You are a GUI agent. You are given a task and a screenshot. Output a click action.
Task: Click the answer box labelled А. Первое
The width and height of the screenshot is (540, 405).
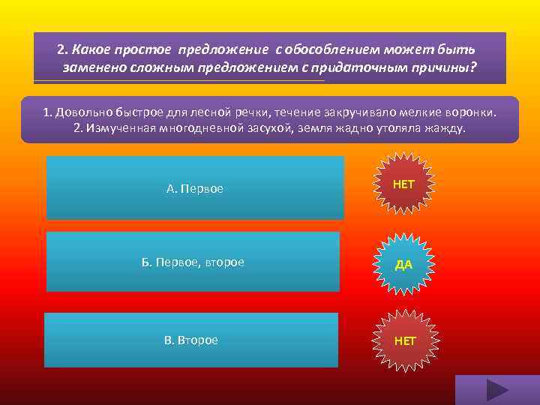195,187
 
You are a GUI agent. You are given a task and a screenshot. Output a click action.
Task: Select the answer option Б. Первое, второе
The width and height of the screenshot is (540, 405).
193,262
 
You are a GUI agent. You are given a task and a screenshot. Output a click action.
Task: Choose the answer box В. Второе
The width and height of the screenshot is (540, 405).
191,340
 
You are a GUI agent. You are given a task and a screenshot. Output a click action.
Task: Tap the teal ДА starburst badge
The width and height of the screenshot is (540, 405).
403,264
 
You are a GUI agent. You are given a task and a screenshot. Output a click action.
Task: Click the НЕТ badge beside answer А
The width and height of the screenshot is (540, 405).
403,184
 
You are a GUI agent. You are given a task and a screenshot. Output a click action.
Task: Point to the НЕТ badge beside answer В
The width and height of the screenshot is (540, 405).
405,341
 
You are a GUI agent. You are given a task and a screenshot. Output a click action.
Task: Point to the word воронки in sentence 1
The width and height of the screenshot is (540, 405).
470,112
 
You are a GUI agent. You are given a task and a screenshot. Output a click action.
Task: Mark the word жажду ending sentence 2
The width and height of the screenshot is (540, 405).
445,128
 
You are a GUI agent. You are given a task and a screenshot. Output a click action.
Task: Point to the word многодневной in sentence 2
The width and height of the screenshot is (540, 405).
193,128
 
